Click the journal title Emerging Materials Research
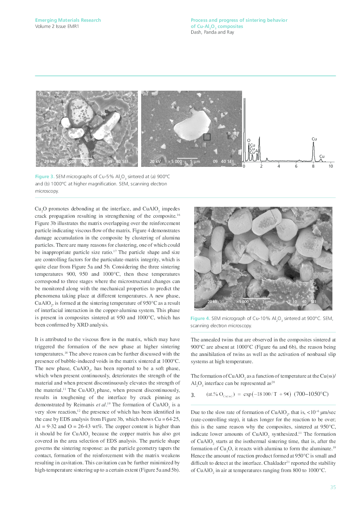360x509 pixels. (x=68, y=20)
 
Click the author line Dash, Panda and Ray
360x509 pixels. (x=212, y=32)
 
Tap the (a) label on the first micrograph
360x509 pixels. (x=40, y=94)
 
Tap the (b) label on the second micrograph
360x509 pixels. (x=145, y=94)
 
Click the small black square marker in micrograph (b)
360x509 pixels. (x=207, y=137)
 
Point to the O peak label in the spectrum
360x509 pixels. (x=249, y=140)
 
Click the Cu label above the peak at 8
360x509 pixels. (x=314, y=139)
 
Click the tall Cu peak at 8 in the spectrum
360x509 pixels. (x=314, y=152)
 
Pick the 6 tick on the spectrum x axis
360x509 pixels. (x=296, y=167)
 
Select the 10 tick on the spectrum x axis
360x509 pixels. (x=331, y=167)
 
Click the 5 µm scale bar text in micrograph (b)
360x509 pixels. (x=195, y=162)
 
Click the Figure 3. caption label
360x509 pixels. (x=45, y=177)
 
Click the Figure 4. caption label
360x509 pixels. (x=200, y=319)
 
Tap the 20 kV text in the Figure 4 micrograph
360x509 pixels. (x=212, y=302)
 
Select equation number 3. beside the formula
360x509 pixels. (x=193, y=395)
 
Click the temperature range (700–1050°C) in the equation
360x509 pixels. (x=311, y=394)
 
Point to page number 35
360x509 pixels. (x=333, y=487)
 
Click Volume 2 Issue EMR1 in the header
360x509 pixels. (x=57, y=26)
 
